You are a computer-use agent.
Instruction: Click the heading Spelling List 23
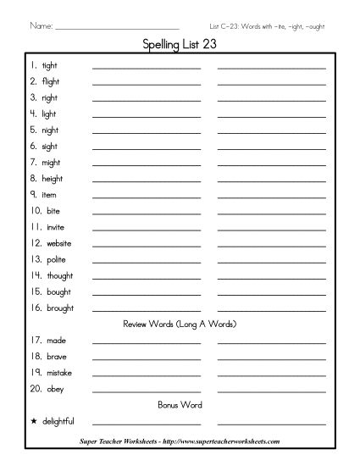180,47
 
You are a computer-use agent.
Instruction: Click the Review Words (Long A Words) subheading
179,325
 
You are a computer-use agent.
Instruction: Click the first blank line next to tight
147,67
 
